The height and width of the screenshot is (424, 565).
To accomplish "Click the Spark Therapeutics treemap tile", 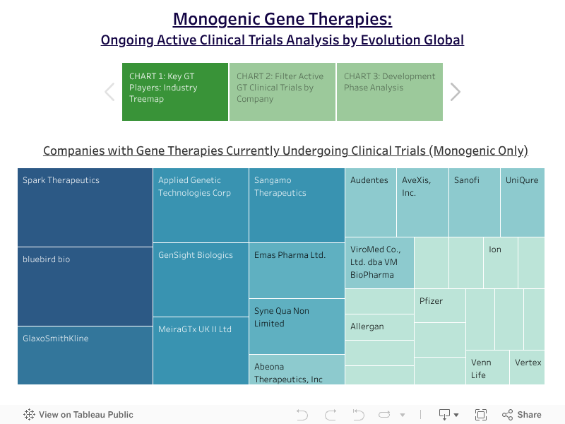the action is click(x=85, y=207).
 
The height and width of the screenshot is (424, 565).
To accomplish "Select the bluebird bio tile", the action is click(x=85, y=287).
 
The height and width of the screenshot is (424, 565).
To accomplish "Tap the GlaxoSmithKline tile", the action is click(x=85, y=355).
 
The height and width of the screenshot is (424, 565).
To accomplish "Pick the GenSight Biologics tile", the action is click(x=201, y=280).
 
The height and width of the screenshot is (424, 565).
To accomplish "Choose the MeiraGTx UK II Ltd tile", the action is click(x=201, y=351).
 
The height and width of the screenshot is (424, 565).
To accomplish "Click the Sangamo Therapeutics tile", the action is click(x=297, y=205).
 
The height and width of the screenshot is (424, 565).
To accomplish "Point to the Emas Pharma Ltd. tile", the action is click(x=297, y=271).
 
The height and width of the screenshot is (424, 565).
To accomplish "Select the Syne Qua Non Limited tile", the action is click(x=297, y=326).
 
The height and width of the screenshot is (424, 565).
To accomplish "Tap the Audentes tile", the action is click(x=371, y=202).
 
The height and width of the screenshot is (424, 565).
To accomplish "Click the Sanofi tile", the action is click(x=474, y=202).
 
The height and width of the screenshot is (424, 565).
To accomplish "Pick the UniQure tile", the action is click(x=523, y=202).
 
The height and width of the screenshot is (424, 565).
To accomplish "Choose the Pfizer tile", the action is click(x=440, y=305).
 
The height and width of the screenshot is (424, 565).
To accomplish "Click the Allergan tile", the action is click(x=379, y=327).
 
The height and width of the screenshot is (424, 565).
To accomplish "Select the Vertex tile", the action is click(x=527, y=367).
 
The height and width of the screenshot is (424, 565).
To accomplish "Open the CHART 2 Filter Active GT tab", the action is click(x=282, y=92).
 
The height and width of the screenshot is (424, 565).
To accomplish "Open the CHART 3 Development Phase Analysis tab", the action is click(x=390, y=92).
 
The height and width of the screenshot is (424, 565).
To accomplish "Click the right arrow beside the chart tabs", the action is click(x=456, y=92).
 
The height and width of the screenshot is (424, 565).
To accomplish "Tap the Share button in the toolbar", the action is click(x=522, y=415).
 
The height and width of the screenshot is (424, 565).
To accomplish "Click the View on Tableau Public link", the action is click(x=78, y=415).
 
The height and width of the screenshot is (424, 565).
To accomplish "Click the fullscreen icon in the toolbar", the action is click(x=481, y=415).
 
